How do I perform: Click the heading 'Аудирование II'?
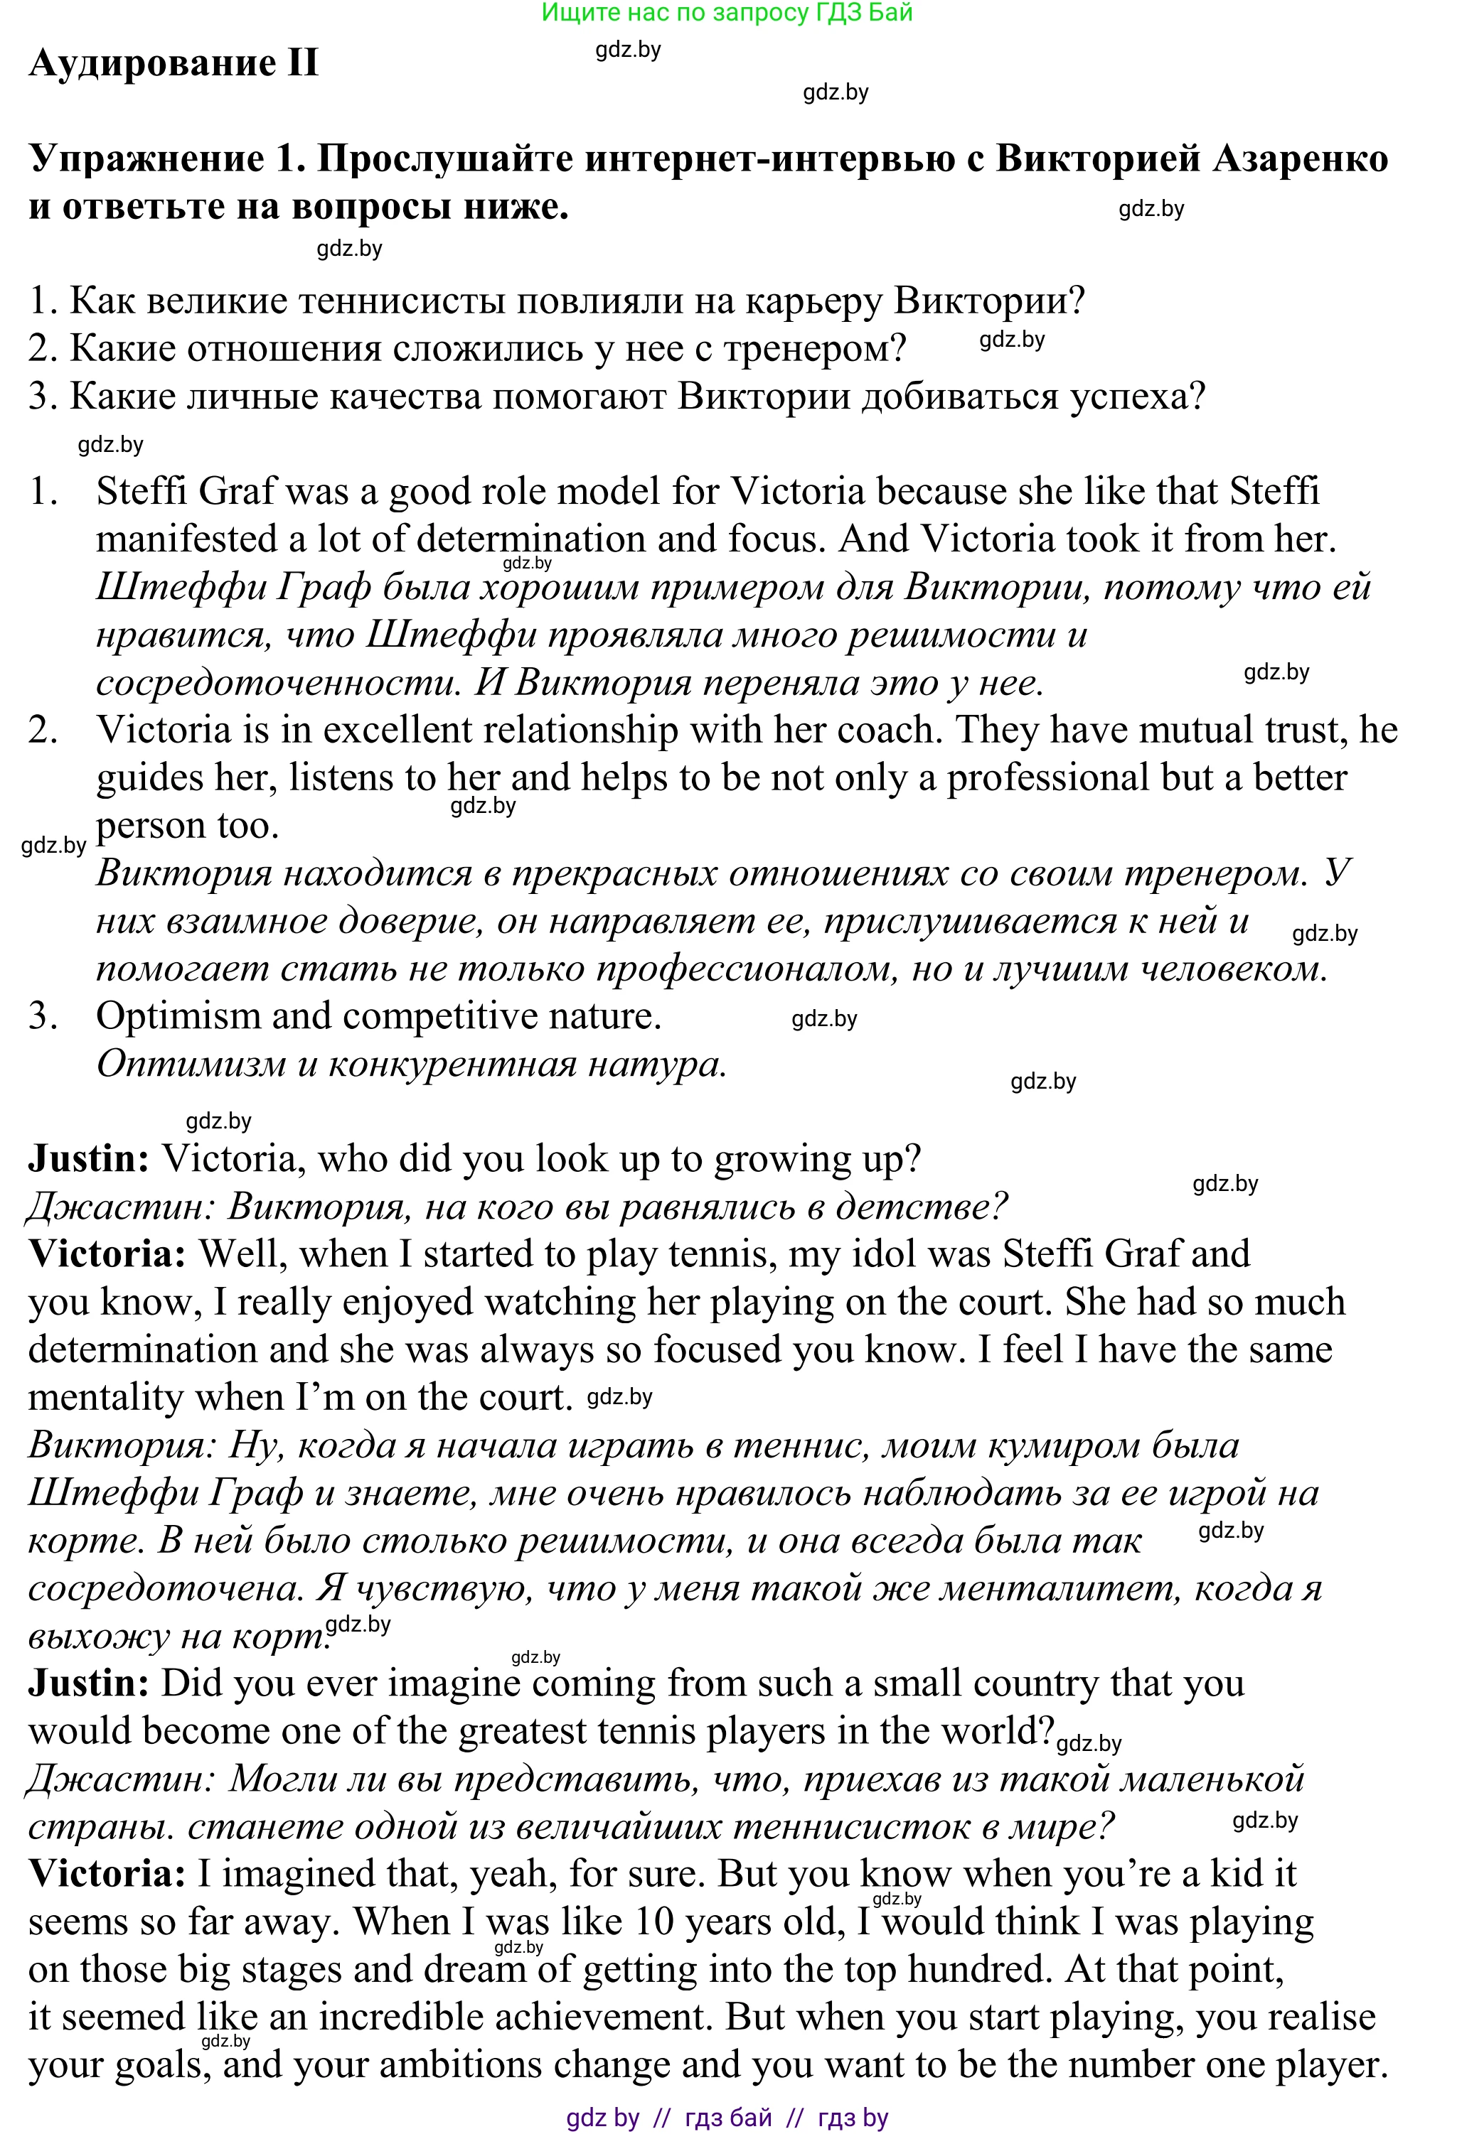174,63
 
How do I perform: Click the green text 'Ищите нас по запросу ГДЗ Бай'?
727,12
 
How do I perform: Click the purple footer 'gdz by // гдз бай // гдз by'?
727,2118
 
